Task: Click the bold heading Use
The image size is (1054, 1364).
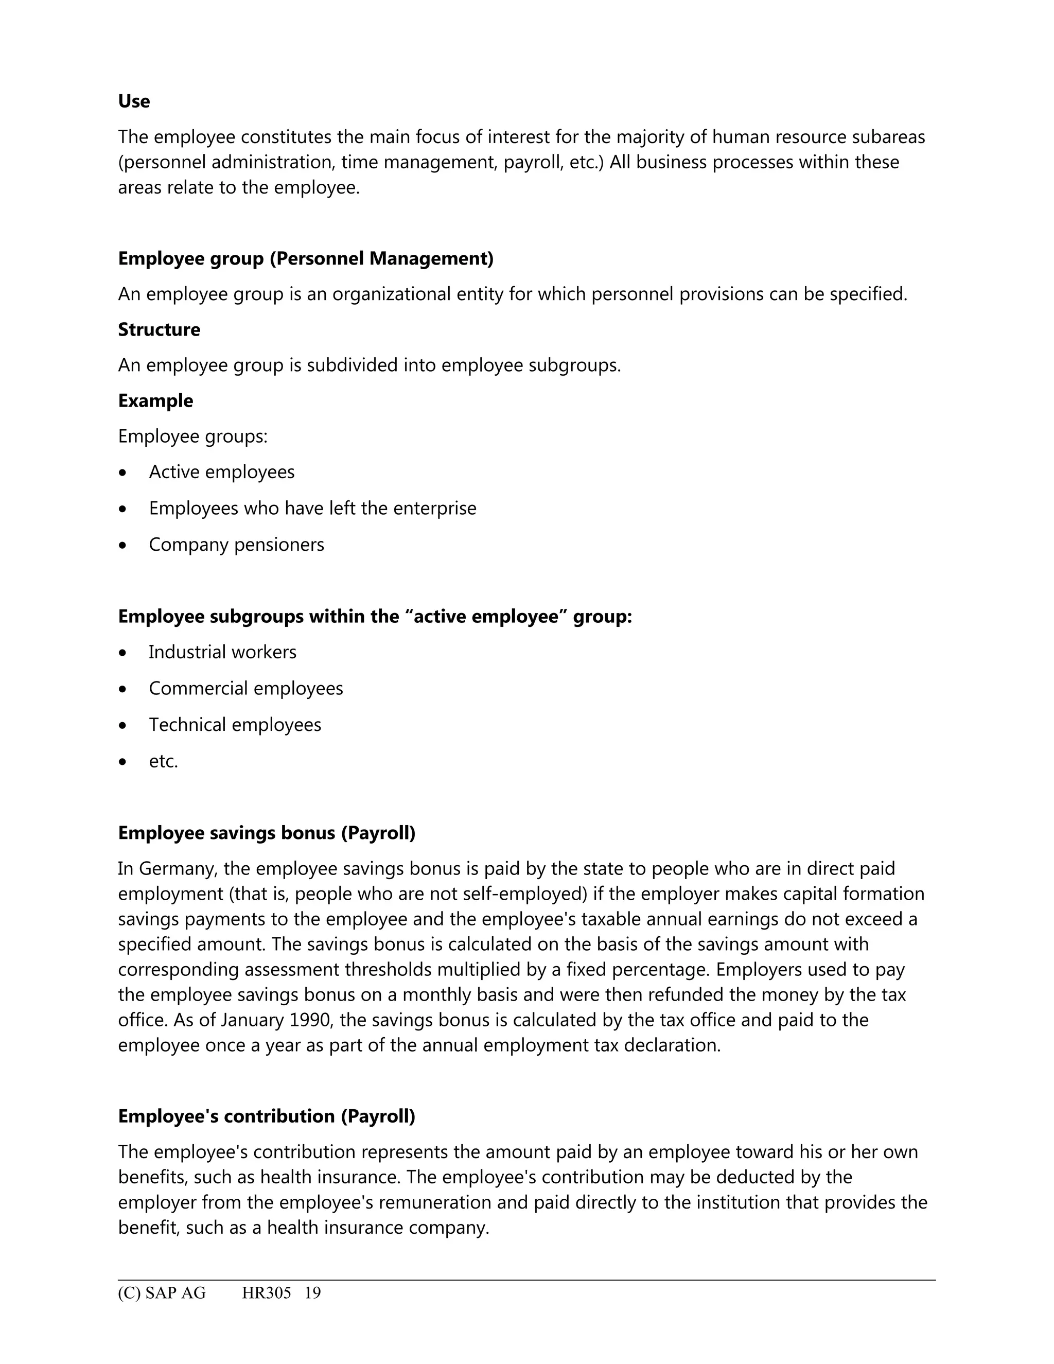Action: [134, 101]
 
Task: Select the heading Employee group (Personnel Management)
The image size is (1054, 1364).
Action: [305, 258]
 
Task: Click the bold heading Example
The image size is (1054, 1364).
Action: [155, 400]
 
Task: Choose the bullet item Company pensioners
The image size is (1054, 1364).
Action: [236, 544]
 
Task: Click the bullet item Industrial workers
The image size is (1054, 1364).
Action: [222, 652]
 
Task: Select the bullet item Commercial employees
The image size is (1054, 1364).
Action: [245, 688]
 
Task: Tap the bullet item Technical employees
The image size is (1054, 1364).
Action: [235, 725]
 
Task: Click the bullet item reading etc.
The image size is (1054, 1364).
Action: [163, 761]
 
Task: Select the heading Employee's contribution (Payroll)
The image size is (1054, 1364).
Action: [267, 1116]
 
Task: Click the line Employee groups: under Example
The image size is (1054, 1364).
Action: [192, 436]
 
